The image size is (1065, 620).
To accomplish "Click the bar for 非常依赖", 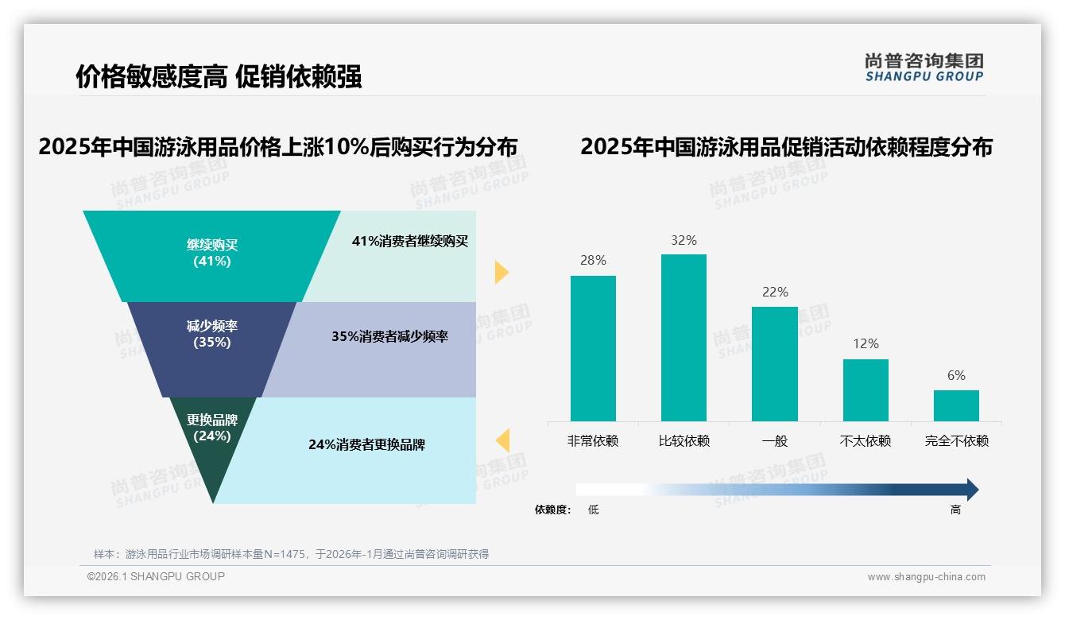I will point(593,348).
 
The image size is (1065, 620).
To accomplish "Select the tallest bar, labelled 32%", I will point(684,338).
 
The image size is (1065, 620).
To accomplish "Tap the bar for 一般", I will point(774,364).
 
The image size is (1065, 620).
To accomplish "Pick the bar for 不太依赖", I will point(866,390).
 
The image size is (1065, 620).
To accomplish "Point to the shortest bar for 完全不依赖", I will point(956,405).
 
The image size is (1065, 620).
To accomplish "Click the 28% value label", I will point(593,260).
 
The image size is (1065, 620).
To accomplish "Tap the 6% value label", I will point(956,375).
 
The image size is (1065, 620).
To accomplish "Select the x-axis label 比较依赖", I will point(684,440).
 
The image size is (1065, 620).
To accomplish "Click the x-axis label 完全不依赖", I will point(956,440).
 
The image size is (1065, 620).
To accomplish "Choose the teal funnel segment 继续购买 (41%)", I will point(212,254).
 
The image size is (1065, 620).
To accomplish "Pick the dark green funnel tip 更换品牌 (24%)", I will point(212,445).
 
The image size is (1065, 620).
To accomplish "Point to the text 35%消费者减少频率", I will point(389,336).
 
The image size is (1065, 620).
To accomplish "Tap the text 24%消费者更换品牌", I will point(366,444).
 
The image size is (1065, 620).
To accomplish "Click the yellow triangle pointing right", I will point(501,272).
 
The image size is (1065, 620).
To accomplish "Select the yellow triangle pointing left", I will point(502,440).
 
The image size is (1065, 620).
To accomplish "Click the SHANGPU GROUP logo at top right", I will point(924,68).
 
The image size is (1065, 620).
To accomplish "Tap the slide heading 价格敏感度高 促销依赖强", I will point(219,76).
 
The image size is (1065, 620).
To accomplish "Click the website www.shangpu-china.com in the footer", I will point(926,577).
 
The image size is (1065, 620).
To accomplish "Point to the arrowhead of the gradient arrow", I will point(971,490).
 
